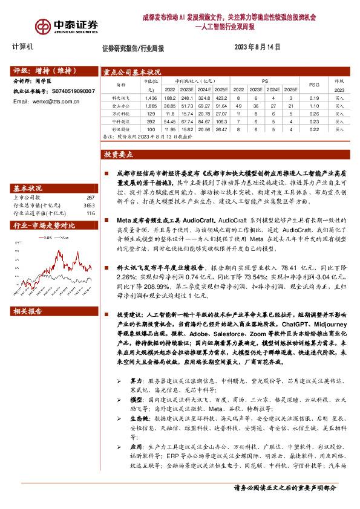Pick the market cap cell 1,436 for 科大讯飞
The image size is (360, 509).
[x=151, y=97]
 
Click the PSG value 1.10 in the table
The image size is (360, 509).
[x=313, y=105]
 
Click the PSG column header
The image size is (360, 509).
[x=313, y=84]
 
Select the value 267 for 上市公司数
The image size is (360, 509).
[x=91, y=198]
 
